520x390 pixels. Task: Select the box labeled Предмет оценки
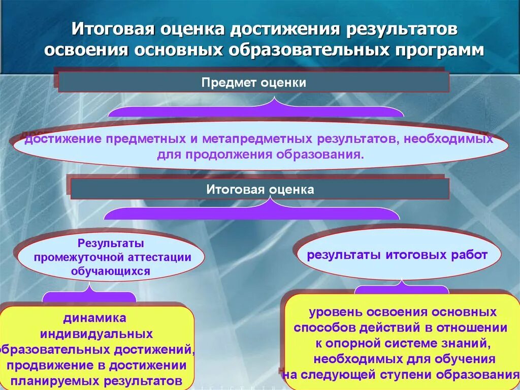(x=253, y=82)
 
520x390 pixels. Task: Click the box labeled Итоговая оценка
(x=259, y=190)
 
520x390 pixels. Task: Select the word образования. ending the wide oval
(x=320, y=154)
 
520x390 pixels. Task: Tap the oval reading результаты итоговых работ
(x=397, y=255)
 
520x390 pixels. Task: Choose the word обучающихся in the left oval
(x=111, y=271)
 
